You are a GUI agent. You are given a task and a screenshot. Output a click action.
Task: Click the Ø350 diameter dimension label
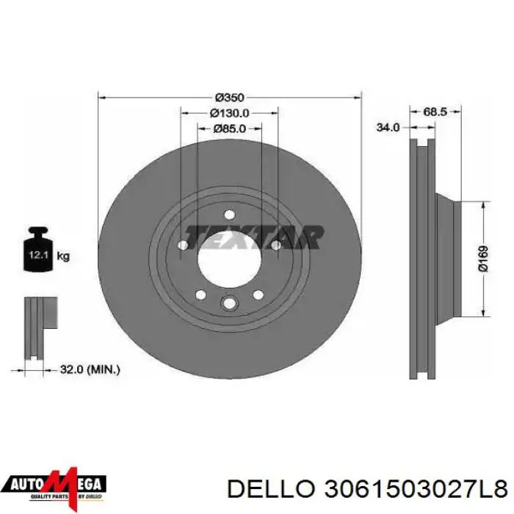[x=229, y=98]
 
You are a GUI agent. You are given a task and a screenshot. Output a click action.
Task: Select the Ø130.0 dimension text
[x=229, y=113]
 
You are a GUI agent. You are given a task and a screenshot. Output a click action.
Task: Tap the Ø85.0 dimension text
[x=229, y=128]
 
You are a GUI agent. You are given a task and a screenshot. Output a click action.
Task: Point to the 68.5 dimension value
[x=435, y=112]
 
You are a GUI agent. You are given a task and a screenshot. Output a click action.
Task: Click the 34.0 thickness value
[x=388, y=127]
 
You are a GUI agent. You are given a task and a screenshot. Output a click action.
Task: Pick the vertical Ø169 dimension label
[x=483, y=259]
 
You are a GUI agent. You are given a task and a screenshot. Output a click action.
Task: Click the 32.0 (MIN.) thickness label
[x=90, y=370]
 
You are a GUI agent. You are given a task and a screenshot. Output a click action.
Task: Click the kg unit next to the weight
[x=63, y=256]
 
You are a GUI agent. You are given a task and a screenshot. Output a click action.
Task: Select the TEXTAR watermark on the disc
[x=254, y=236]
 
